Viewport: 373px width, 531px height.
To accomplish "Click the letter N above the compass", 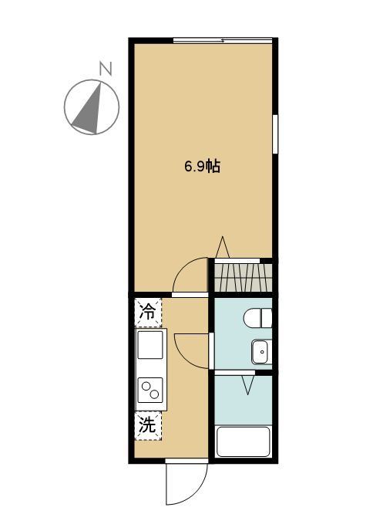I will pyautogui.click(x=106, y=69).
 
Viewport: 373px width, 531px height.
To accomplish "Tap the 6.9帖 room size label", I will pyautogui.click(x=203, y=166).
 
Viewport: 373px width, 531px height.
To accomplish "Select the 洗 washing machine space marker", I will pyautogui.click(x=149, y=423).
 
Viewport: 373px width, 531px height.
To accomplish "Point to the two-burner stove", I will pyautogui.click(x=150, y=391).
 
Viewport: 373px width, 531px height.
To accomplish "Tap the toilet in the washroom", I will pyautogui.click(x=257, y=317).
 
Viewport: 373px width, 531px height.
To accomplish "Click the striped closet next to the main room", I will pyautogui.click(x=243, y=276).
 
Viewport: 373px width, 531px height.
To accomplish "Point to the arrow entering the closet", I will pyautogui.click(x=222, y=249).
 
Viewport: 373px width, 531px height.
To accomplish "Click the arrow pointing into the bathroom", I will pyautogui.click(x=248, y=383).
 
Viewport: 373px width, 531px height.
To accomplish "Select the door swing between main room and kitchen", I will pyautogui.click(x=190, y=278).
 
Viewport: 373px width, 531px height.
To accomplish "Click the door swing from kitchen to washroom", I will pyautogui.click(x=193, y=351).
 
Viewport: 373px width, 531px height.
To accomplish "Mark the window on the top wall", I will pyautogui.click(x=222, y=39).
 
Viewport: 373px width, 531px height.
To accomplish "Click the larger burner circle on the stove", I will pyautogui.click(x=146, y=387).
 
